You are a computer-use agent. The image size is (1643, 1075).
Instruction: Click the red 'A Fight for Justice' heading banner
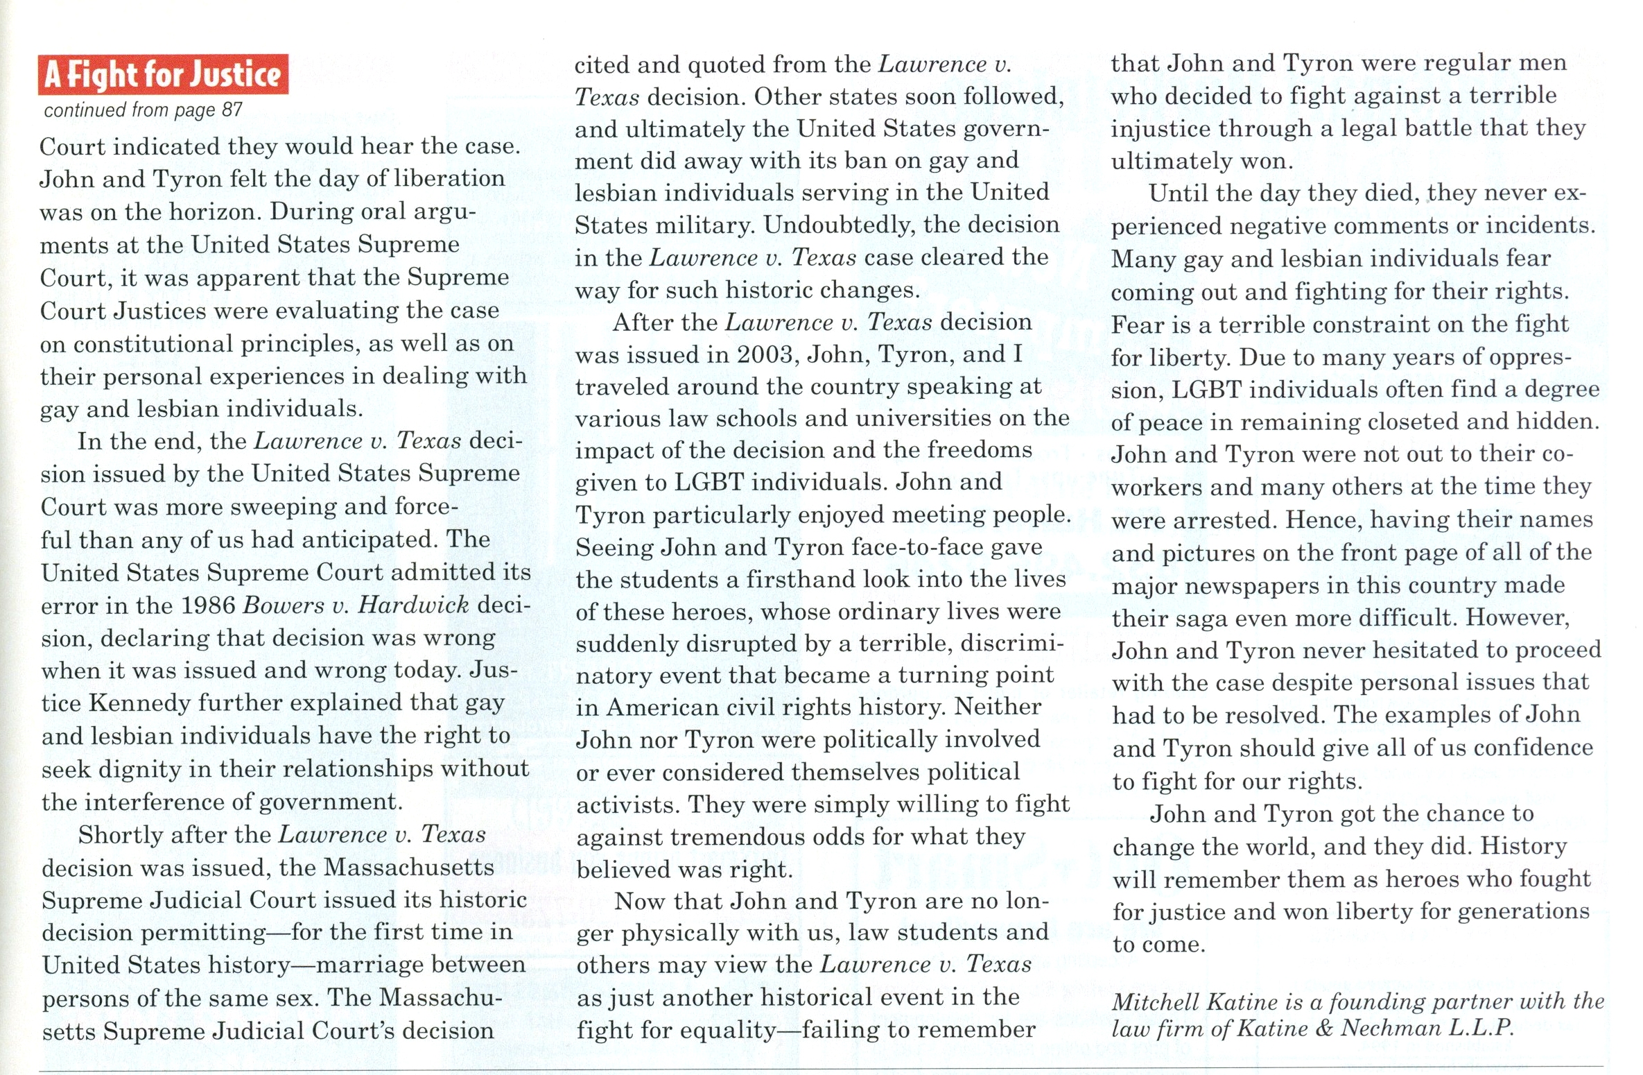pos(163,74)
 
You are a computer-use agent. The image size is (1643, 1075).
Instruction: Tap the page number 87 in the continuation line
pos(232,110)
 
